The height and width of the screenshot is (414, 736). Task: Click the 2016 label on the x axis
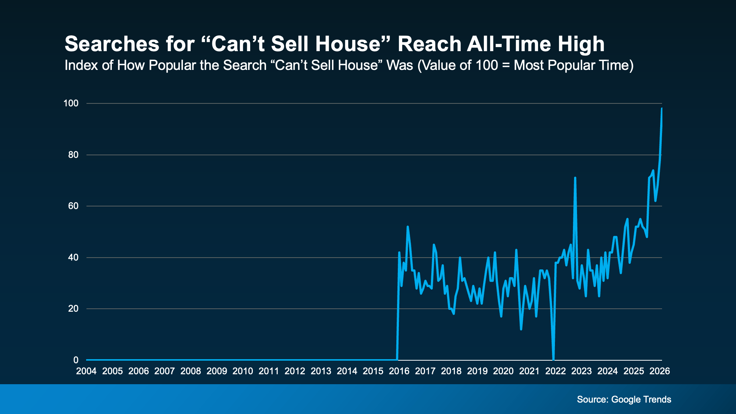399,371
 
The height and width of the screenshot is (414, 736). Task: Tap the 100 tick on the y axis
71,103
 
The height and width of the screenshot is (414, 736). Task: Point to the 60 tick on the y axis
73,206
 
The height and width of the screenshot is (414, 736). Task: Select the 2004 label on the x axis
86,371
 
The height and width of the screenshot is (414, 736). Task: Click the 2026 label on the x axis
659,371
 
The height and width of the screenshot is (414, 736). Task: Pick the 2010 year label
243,371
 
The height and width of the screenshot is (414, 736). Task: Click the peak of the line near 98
662,109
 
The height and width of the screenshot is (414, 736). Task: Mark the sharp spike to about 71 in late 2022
575,178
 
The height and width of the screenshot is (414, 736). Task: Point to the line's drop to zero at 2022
553,359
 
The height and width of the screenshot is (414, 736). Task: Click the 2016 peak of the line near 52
407,227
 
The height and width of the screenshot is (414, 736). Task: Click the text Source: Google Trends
624,400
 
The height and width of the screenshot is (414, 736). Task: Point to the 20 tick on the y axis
73,309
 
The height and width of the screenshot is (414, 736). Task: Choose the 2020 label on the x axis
503,371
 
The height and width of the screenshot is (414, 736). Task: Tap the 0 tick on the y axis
76,360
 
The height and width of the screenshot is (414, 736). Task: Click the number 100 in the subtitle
486,66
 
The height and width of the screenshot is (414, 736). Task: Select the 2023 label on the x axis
581,371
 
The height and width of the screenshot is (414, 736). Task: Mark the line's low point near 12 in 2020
521,329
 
